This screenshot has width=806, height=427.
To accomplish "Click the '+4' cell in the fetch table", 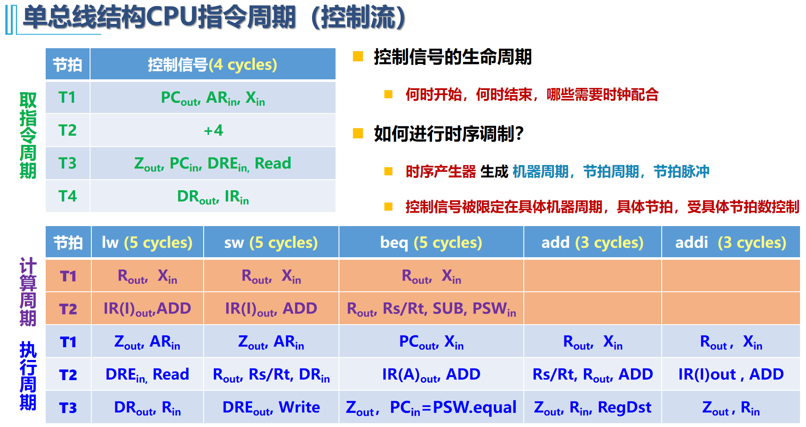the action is [213, 130].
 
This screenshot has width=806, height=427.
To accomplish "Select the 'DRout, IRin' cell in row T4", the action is [213, 197].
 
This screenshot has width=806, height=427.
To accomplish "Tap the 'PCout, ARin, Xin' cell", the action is [213, 98].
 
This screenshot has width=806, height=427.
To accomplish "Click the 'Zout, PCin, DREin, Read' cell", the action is [213, 164].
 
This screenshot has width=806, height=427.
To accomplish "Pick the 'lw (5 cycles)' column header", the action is [147, 243].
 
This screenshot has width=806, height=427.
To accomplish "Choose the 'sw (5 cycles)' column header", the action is [271, 243].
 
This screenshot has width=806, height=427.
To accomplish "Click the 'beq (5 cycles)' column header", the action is [431, 243].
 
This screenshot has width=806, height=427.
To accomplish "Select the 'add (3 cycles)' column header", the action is [593, 243].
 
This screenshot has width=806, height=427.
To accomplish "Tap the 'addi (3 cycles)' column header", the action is [731, 243].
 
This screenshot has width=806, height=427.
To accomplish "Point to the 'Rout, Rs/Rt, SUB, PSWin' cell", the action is [431, 309].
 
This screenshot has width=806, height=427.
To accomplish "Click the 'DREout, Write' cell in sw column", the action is [271, 408].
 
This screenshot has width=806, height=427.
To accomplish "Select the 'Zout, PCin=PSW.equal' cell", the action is [431, 408].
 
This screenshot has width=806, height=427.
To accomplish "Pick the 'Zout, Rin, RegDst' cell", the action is [593, 408].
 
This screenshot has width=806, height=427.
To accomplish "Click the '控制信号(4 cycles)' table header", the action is [213, 64].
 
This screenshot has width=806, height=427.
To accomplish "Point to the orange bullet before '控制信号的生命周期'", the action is [358, 56].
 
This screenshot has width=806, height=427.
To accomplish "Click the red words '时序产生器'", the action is [441, 171].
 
